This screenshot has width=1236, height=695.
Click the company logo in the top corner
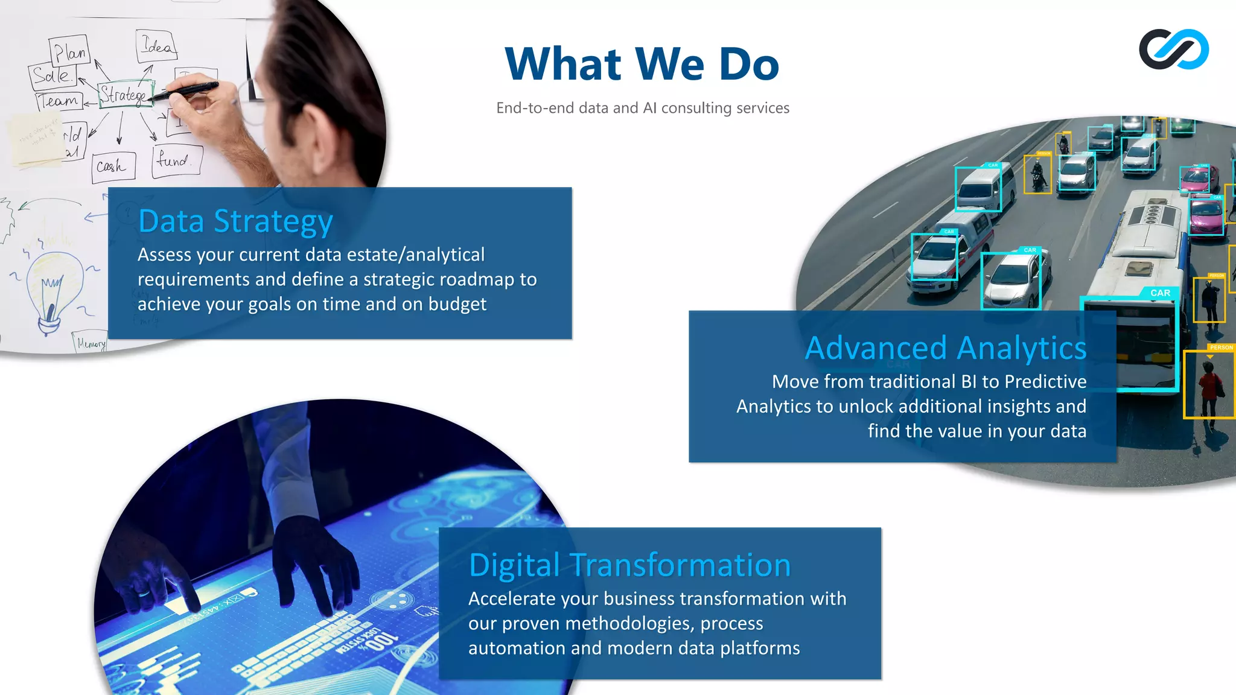[1174, 49]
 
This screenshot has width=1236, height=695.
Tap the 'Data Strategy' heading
[235, 221]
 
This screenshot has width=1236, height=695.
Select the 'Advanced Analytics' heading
[946, 348]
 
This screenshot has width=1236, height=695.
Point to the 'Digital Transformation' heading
[629, 565]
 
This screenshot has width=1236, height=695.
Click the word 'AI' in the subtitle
[649, 108]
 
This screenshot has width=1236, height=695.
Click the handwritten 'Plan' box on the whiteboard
[69, 51]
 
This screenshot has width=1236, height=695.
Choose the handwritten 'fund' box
[175, 160]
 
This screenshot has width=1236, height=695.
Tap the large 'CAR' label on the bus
[1160, 293]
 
